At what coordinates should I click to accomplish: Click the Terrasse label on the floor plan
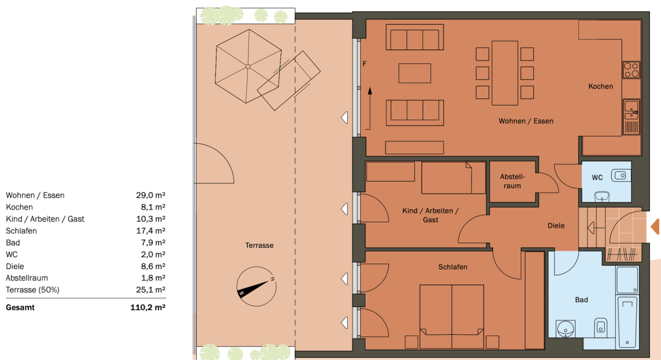pos(259,246)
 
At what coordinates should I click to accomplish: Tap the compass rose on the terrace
pos(256,287)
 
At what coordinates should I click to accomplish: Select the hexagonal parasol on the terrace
pos(248,67)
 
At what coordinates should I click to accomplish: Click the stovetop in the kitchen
pos(631,70)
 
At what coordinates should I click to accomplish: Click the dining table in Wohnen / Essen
pos(505,73)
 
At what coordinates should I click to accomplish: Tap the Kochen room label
pos(600,86)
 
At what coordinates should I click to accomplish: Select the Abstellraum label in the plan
pos(512,181)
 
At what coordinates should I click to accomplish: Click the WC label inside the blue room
pos(597,178)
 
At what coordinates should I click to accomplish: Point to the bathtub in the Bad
pos(627,323)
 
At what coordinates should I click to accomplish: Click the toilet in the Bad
pos(600,328)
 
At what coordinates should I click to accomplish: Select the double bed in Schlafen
pos(452,317)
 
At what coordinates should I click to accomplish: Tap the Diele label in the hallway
pos(556,226)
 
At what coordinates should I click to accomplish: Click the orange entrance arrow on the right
pos(655,227)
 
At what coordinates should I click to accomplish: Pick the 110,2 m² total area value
pos(148,308)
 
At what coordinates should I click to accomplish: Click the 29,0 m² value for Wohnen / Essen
pos(150,195)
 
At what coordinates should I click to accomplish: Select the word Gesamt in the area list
pos(20,308)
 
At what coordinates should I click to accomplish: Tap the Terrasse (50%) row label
pos(32,290)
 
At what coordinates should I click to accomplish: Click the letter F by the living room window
pos(365,64)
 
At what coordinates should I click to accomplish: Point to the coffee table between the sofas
pos(415,73)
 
